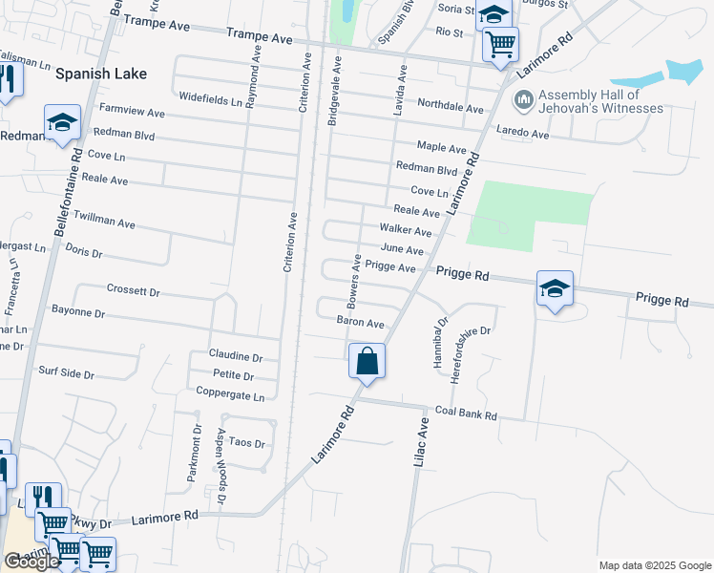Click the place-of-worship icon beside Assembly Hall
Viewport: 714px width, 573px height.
tap(524, 99)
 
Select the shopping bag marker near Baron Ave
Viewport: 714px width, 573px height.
tap(367, 361)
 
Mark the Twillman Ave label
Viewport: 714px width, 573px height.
tap(105, 221)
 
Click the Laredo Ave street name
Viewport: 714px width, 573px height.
tap(521, 135)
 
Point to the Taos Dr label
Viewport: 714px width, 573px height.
tap(245, 444)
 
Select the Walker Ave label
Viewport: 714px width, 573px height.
tap(406, 230)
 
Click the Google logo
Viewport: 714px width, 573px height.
tap(31, 561)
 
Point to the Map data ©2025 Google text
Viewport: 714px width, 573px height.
tap(655, 565)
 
